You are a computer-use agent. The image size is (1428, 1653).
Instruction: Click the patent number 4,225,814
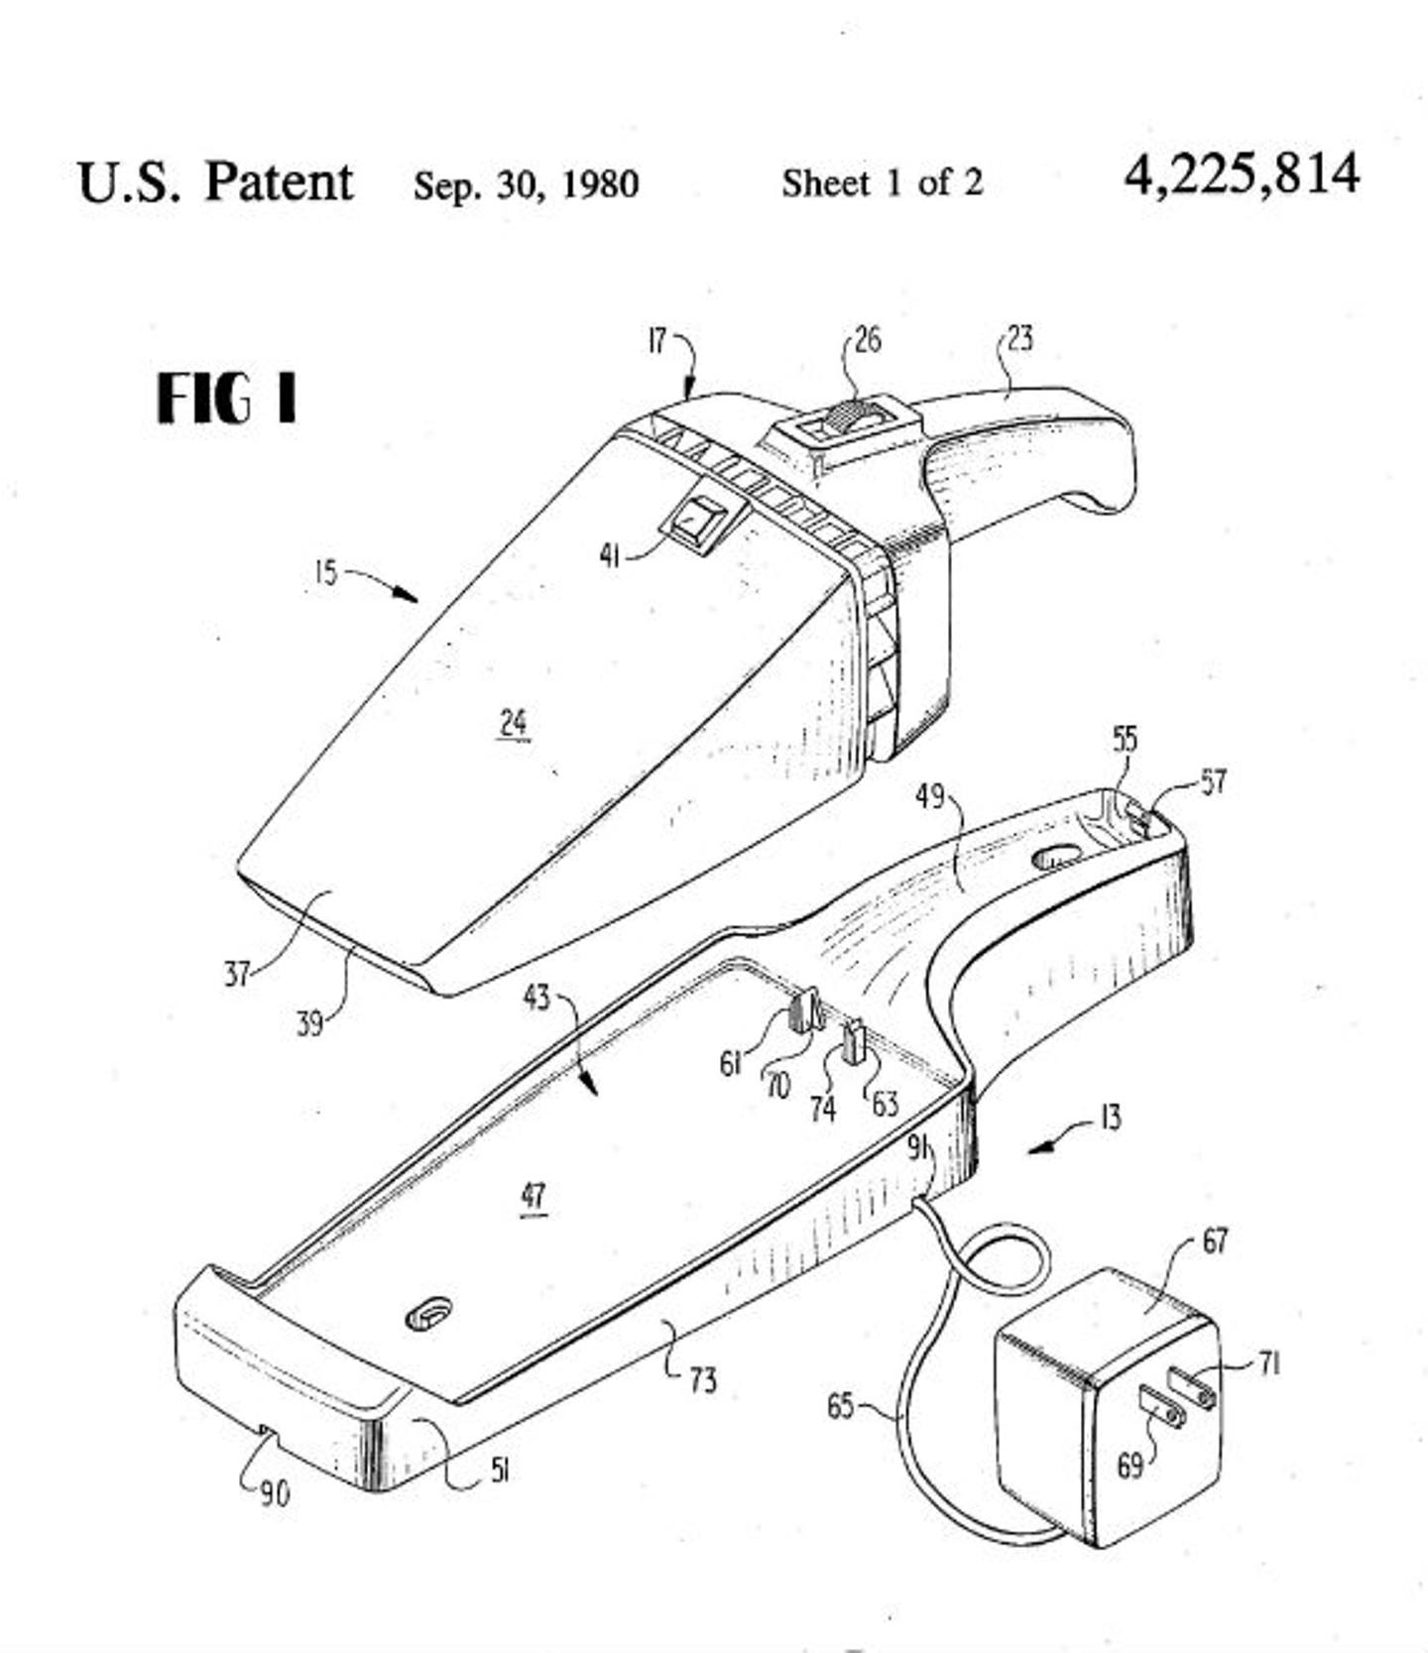click(x=1241, y=177)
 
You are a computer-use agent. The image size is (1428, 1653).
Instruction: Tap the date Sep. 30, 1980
click(x=526, y=184)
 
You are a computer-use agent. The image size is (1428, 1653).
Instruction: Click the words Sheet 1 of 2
click(x=882, y=182)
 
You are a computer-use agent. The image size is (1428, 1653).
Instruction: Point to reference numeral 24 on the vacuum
click(x=513, y=722)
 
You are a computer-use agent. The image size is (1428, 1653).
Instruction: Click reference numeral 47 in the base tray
click(x=534, y=1196)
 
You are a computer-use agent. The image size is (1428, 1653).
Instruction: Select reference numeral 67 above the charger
click(x=1215, y=1240)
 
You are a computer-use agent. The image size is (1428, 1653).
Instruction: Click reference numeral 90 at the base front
click(x=275, y=1493)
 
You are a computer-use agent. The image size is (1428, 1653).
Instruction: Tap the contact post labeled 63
click(x=854, y=1043)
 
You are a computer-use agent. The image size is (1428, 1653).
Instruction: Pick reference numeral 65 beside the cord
click(x=840, y=1405)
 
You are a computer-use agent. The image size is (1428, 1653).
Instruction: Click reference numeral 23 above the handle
click(x=1019, y=339)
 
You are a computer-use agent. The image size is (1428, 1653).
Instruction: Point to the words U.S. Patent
click(x=214, y=182)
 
